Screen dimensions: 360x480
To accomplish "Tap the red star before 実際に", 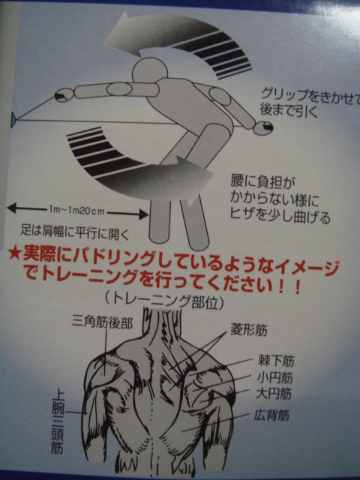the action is point(14,253).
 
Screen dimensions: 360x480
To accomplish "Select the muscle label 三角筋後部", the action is point(102,323).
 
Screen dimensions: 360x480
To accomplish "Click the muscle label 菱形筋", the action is point(248,330).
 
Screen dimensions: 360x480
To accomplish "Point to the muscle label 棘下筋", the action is point(276,361).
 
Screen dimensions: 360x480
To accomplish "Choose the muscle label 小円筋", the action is point(275,378).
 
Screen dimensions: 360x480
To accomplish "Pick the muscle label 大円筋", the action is point(274,394).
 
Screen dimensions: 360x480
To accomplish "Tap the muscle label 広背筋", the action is point(271,415).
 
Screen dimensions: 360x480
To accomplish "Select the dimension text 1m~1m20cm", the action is point(76,211).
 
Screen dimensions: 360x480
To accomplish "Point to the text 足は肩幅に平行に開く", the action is point(75,231).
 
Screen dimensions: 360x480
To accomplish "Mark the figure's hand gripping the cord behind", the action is point(263,127).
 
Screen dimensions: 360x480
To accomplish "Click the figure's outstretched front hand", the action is point(64,95).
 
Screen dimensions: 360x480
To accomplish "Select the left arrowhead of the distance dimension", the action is point(12,208).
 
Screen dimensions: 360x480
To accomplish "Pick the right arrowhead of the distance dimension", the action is point(144,214).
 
